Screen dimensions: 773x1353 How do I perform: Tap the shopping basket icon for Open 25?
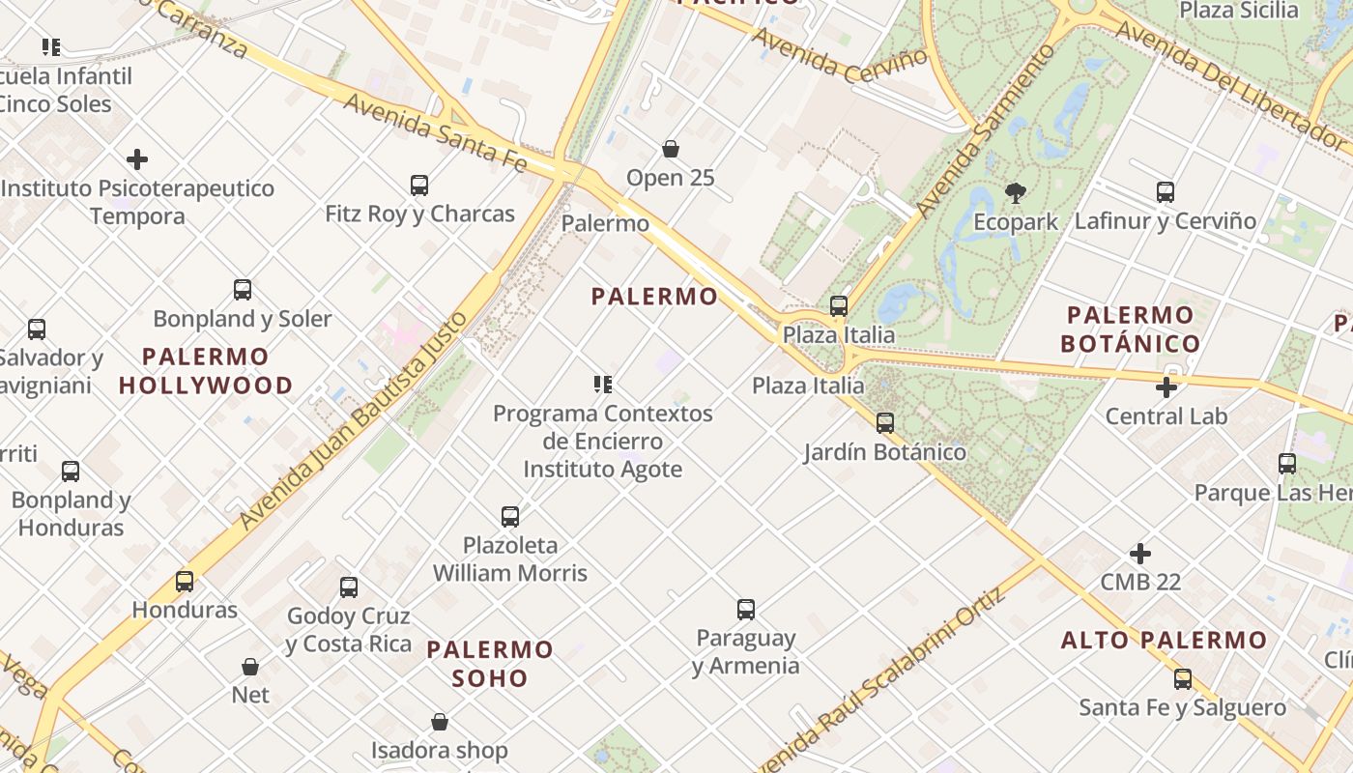[670, 149]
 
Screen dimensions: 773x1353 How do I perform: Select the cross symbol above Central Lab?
[1166, 387]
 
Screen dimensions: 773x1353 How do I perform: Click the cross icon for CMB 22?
[1140, 554]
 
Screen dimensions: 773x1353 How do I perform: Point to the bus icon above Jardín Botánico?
[884, 422]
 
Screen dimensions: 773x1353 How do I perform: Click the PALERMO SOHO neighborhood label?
[490, 663]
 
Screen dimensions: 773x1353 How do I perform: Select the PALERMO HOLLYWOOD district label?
[206, 371]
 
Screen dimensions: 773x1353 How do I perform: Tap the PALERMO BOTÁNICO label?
[1130, 329]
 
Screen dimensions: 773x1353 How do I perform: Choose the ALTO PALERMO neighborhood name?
[1164, 640]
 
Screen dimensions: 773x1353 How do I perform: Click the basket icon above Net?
[250, 667]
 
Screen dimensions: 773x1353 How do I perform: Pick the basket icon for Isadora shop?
[440, 722]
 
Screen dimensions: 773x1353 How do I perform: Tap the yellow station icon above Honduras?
[185, 581]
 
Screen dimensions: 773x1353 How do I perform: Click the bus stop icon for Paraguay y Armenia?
[745, 610]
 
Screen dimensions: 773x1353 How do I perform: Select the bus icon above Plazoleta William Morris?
[510, 516]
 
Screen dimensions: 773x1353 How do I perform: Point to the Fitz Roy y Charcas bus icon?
[418, 185]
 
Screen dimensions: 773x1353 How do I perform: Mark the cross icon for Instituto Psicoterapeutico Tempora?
[137, 159]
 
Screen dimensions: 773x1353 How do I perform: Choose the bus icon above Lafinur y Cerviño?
[1166, 192]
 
